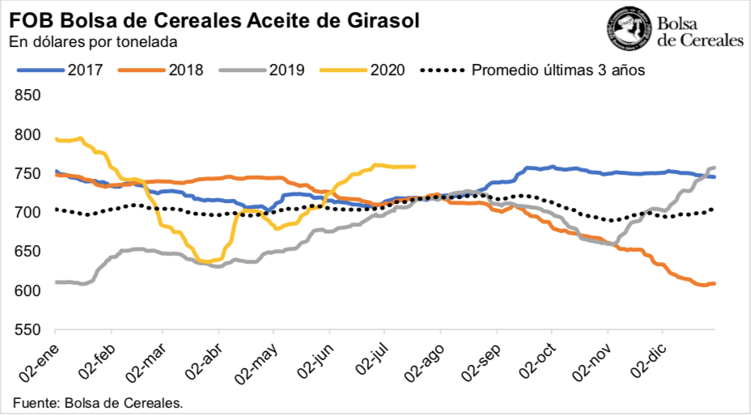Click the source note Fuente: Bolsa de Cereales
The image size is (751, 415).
[97, 403]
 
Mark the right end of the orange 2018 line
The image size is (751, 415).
[714, 284]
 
